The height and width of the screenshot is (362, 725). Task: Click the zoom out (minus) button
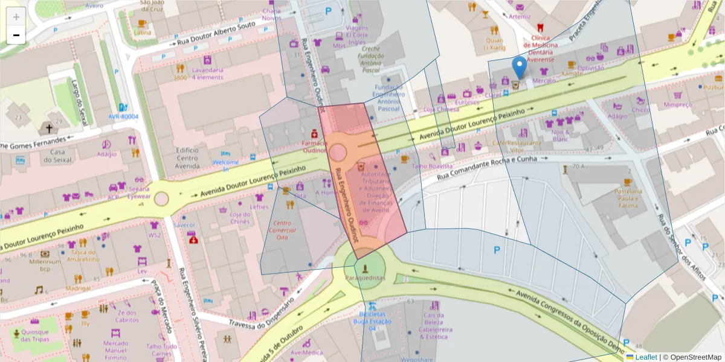coord(16,35)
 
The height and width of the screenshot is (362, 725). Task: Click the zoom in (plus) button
coord(16,16)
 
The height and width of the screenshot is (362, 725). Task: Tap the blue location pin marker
coord(518,68)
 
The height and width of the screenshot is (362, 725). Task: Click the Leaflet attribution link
coord(646,357)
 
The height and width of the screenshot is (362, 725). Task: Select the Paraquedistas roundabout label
coord(364,278)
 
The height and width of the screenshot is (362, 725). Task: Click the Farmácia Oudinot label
coord(314,147)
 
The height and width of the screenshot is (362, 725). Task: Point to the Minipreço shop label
coord(677,104)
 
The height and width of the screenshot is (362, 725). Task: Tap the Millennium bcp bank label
coord(45,265)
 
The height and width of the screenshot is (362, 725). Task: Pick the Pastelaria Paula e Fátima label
coord(626,198)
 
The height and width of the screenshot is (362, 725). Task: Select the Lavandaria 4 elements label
coord(207,74)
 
